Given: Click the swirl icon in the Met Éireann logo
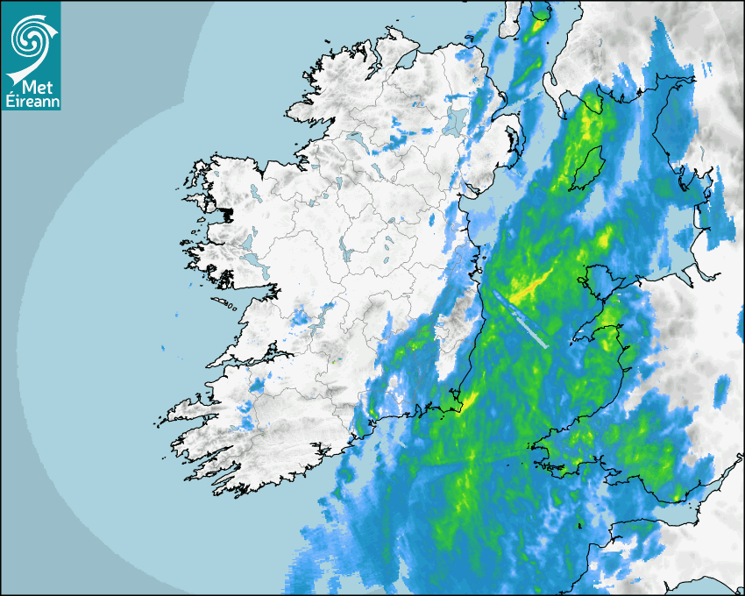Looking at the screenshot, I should [x=31, y=37].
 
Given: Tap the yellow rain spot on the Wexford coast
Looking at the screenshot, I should [x=470, y=400].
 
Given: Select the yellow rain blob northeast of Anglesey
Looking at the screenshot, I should [x=605, y=237].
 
